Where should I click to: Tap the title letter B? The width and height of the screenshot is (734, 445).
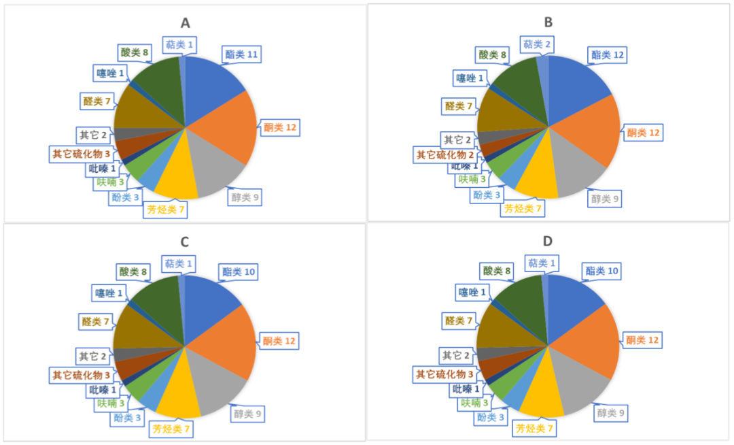548,22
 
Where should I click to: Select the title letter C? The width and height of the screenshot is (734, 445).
185,242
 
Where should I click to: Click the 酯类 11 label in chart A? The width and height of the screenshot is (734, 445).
241,54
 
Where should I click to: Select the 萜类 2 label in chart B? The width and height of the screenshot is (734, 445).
536,44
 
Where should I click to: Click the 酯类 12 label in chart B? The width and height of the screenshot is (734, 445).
608,54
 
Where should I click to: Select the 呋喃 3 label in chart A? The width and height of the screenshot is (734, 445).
109,182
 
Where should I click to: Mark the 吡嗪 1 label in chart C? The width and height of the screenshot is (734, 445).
103,390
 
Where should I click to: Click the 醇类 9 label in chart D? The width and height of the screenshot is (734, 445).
609,412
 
